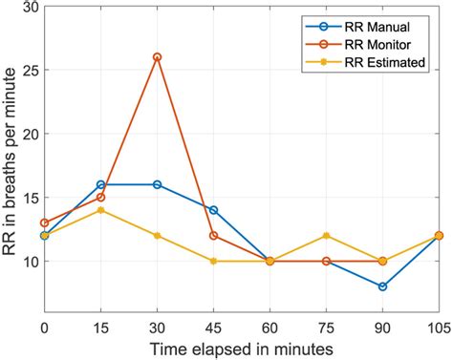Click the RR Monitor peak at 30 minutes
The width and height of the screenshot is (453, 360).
tap(157, 57)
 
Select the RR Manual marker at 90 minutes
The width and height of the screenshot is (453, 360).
tap(382, 286)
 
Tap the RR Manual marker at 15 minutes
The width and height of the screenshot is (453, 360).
tap(100, 184)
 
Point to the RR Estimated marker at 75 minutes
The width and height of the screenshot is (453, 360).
tap(326, 235)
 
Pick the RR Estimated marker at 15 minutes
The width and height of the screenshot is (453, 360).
tap(100, 210)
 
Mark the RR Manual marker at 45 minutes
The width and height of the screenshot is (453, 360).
tap(213, 210)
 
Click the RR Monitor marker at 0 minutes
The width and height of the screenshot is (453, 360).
tap(44, 222)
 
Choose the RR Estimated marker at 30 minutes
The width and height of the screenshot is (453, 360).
tap(157, 235)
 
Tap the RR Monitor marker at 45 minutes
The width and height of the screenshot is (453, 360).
tap(213, 235)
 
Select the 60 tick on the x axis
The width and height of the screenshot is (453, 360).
tap(270, 326)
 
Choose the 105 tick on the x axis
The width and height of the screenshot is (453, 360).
tap(437, 326)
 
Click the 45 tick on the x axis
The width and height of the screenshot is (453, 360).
tap(213, 326)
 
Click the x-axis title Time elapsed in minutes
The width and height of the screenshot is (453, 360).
tap(241, 349)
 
